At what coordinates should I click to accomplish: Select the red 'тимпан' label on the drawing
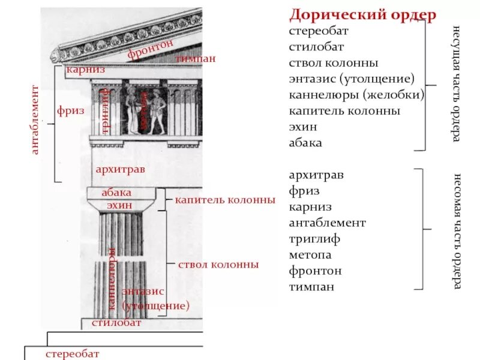(196, 59)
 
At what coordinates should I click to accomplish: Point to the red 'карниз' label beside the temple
(86, 70)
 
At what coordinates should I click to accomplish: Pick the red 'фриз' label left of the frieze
(71, 110)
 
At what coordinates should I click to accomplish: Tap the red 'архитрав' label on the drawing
(120, 170)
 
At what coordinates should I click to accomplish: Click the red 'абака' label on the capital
(116, 193)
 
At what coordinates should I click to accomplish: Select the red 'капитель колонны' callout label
(225, 199)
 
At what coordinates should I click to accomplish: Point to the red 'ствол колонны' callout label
(218, 264)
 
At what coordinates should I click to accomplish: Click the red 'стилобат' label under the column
(116, 323)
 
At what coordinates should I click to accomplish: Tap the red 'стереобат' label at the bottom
(72, 354)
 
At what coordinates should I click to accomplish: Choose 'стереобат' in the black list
(318, 31)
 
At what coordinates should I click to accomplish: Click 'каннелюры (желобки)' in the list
(356, 95)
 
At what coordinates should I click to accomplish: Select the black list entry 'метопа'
(310, 255)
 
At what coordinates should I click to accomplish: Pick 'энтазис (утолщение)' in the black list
(352, 79)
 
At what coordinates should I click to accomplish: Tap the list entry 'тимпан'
(311, 287)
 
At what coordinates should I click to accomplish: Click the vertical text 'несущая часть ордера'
(457, 84)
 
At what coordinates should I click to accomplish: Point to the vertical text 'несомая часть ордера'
(457, 231)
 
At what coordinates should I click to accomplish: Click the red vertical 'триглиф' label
(105, 111)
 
